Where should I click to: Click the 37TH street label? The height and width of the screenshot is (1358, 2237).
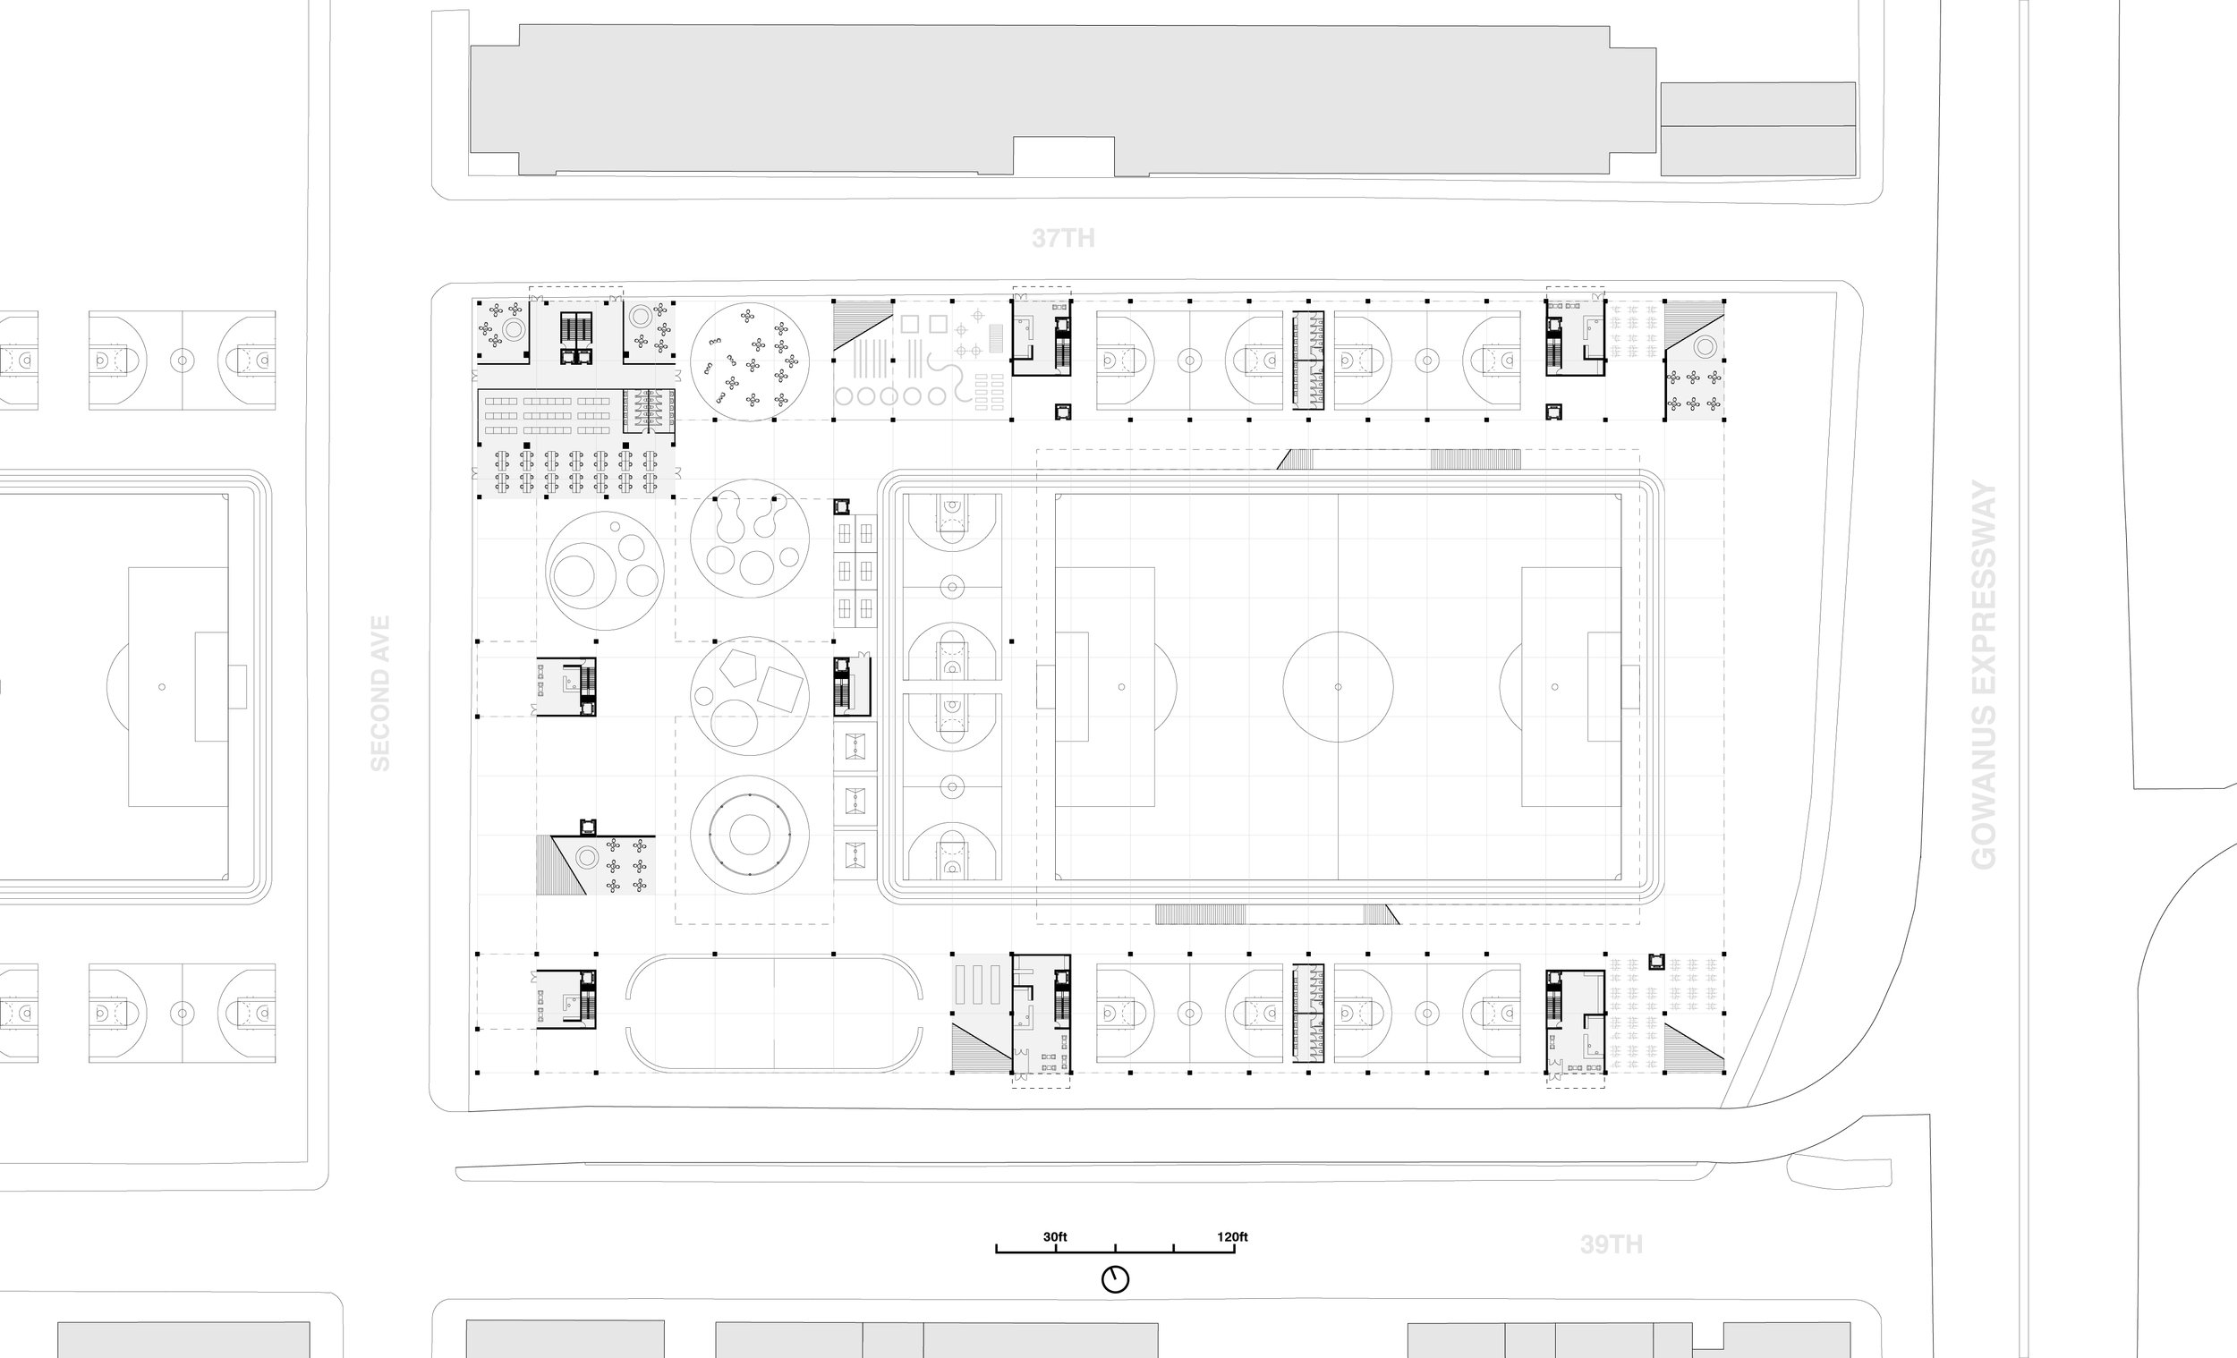1062,238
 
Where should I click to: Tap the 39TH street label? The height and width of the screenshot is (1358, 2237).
1611,1243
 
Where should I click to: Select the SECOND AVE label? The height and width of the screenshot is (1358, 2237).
380,693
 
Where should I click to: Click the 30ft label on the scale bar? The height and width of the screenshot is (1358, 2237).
1054,1236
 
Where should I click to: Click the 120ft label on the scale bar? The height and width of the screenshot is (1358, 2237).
1232,1236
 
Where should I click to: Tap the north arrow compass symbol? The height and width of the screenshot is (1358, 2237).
1115,1279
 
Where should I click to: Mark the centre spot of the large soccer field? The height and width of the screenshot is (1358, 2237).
1338,687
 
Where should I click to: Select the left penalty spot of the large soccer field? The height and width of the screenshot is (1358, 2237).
1121,687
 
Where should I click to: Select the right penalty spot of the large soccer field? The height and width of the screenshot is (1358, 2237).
1554,687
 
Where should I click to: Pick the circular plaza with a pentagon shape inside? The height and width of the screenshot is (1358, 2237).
749,695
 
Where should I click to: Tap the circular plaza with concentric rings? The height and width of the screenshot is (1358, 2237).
749,835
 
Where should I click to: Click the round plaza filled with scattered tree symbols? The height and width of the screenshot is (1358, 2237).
749,361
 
